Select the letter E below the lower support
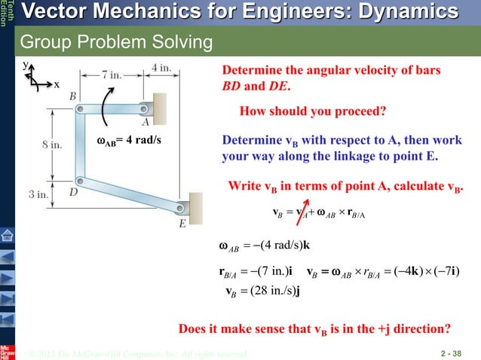(x=182, y=224)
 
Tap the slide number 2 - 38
(x=461, y=351)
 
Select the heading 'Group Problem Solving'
(x=115, y=41)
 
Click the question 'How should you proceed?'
(x=312, y=111)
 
